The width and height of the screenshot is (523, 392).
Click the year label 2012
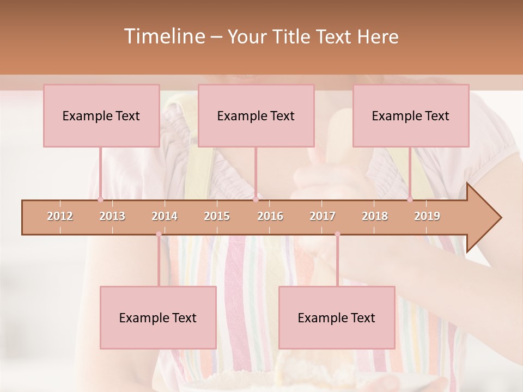[60, 216]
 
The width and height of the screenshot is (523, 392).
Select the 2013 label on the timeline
[112, 216]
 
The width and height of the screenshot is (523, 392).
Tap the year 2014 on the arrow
[165, 216]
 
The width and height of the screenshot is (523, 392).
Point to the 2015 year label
[217, 216]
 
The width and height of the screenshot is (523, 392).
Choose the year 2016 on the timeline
[270, 216]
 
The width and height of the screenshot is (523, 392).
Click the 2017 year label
[323, 216]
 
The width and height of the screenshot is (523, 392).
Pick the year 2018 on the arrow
[375, 216]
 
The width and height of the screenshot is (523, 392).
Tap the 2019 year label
[427, 216]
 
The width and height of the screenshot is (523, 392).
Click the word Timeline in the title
[164, 36]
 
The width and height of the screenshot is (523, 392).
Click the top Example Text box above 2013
[101, 115]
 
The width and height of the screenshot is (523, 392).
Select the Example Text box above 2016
[256, 115]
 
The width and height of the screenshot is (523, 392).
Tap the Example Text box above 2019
[411, 115]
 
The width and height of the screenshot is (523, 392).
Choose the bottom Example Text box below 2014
[158, 317]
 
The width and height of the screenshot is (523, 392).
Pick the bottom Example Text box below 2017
[337, 317]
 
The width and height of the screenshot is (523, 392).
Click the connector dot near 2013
[100, 199]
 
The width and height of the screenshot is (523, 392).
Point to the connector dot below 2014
[159, 234]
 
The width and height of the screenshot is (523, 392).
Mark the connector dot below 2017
[337, 234]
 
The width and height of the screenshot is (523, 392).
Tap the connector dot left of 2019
[410, 199]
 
